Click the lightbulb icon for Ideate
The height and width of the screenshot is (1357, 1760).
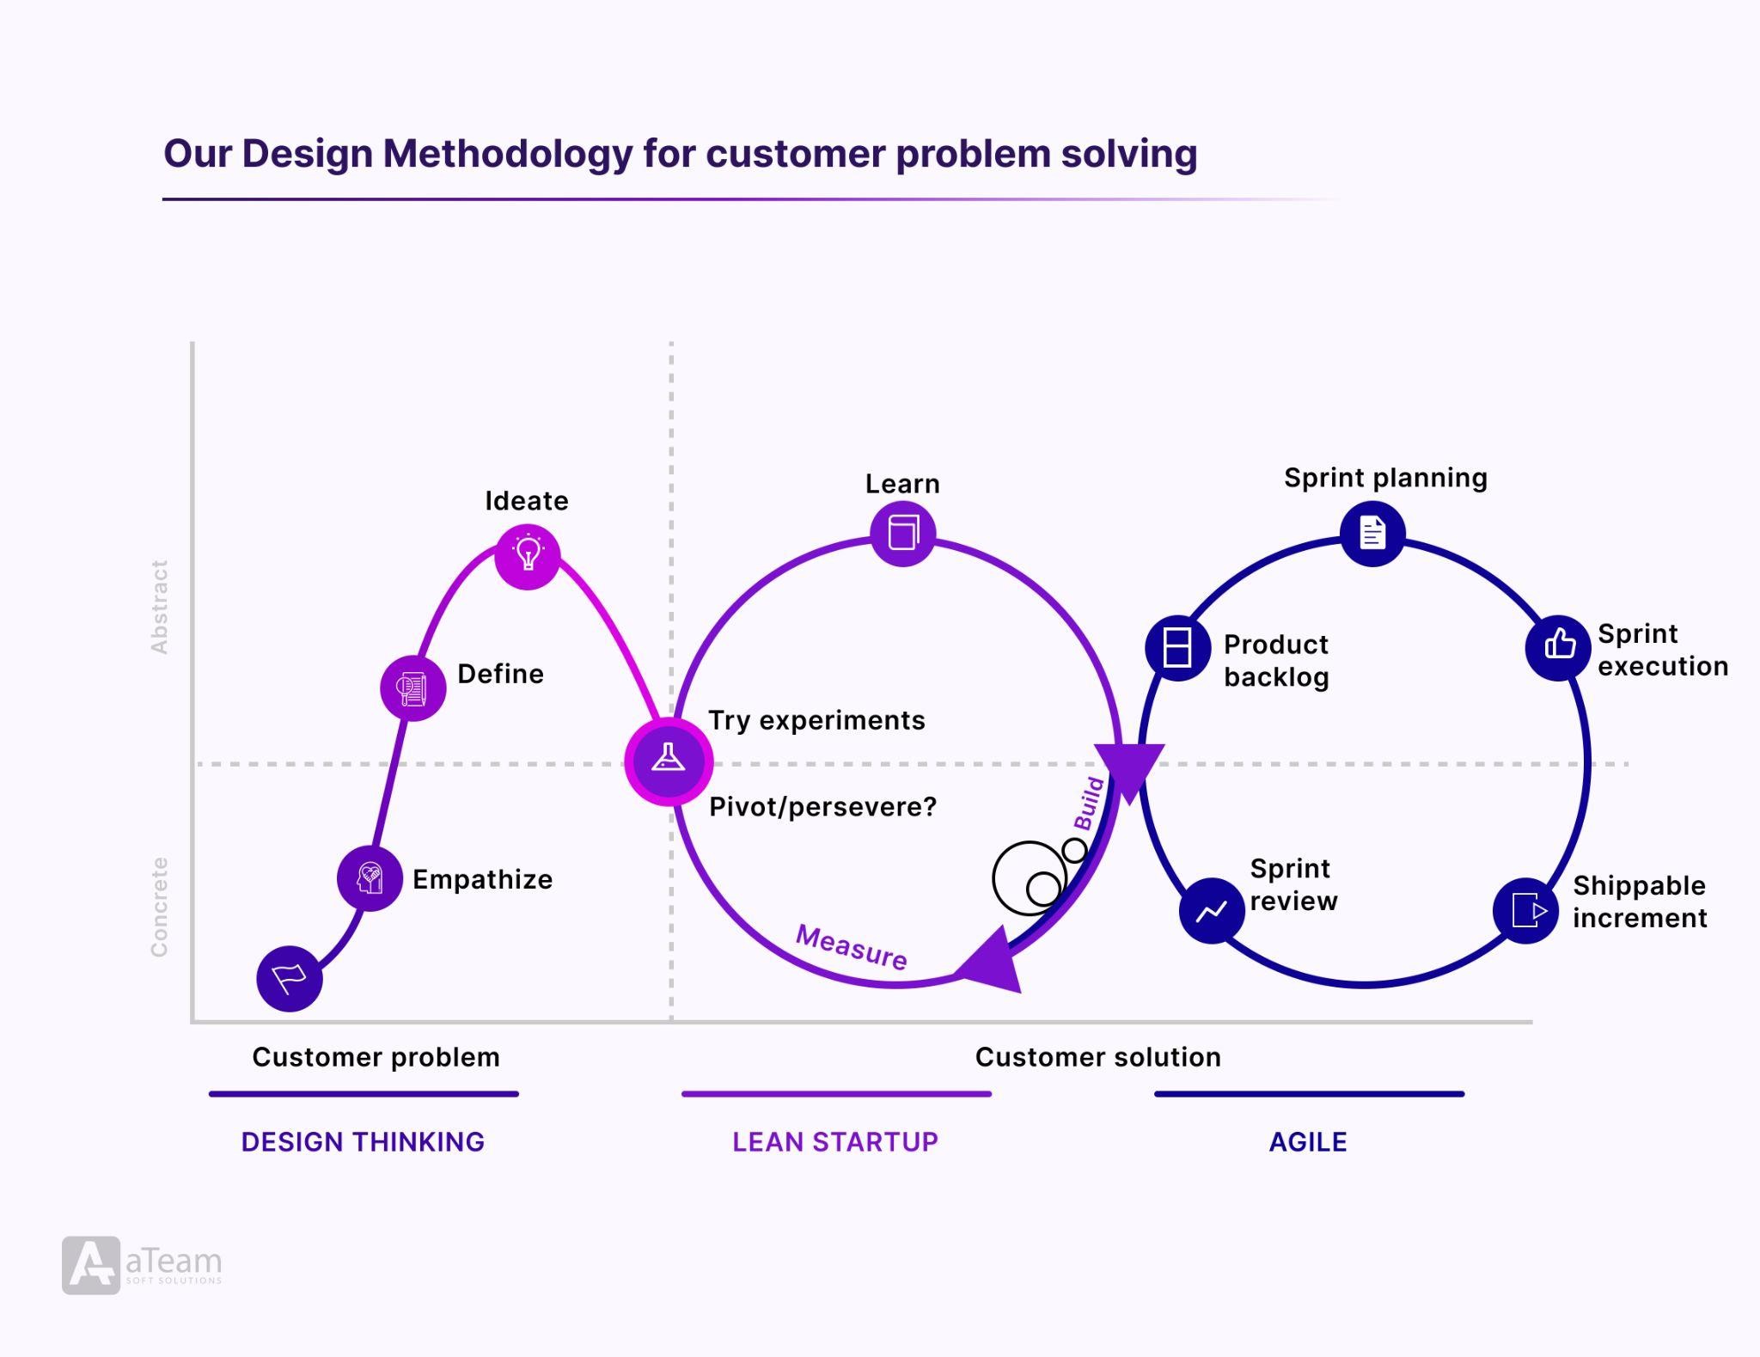528,555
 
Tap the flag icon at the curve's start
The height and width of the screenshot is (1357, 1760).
290,978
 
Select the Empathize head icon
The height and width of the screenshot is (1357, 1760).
370,878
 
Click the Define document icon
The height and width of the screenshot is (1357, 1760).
412,688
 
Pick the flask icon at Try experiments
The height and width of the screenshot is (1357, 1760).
669,761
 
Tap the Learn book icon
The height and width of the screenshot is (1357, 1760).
902,533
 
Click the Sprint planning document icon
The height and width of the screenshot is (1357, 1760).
1372,533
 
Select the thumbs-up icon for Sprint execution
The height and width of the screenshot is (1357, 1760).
1559,645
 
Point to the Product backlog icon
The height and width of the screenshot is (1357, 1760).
1177,647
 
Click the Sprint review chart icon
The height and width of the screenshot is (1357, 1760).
1211,910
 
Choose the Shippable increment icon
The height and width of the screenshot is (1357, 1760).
1526,910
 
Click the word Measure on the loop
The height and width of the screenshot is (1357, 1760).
851,947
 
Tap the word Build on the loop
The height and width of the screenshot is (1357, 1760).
1089,804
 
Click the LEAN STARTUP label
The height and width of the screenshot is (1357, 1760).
835,1141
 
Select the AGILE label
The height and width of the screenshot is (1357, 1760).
1308,1141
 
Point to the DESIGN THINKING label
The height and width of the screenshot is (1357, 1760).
363,1141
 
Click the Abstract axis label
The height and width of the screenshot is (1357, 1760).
159,607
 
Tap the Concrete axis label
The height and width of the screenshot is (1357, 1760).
159,907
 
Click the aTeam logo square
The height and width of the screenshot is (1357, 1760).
91,1265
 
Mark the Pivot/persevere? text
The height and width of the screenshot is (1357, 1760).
822,807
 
